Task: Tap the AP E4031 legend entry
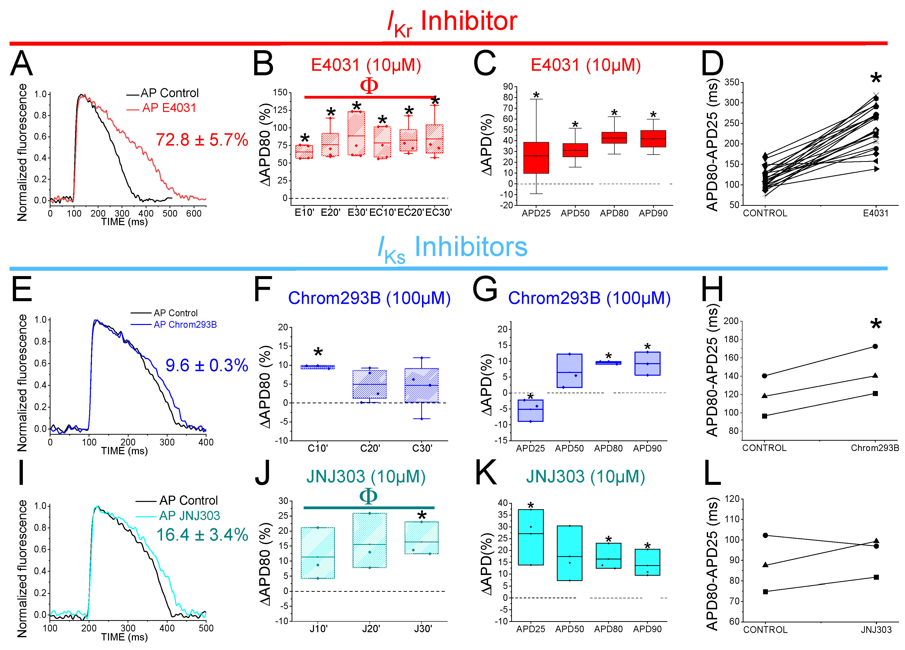(x=169, y=108)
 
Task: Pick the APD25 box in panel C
(x=536, y=158)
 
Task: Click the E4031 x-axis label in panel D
(x=875, y=213)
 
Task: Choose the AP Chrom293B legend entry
(x=185, y=324)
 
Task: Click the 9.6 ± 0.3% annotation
(x=207, y=365)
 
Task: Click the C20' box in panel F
(x=369, y=384)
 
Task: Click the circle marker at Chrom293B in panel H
(x=875, y=346)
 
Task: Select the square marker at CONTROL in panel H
(x=765, y=416)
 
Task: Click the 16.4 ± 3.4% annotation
(x=202, y=535)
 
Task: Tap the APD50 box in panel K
(x=569, y=553)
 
